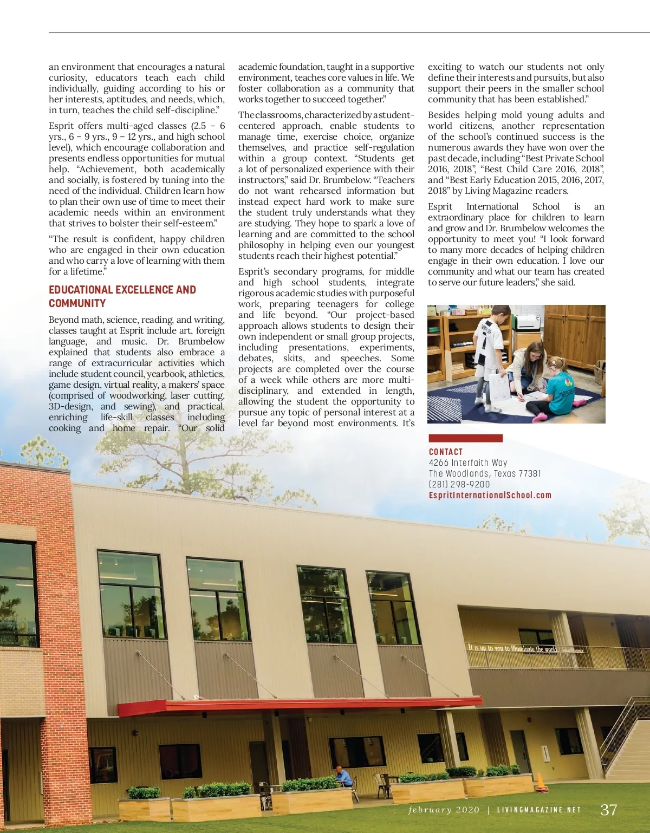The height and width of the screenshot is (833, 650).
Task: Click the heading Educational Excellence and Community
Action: point(122,296)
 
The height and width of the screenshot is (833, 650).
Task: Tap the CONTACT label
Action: point(446,452)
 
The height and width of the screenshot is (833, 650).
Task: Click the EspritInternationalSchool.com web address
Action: point(490,495)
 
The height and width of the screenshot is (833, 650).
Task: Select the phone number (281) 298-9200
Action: point(459,484)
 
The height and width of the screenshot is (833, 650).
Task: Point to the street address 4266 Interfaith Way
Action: point(468,463)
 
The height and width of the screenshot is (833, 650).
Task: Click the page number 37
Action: point(609,810)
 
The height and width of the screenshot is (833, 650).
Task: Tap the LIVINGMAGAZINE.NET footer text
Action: point(539,810)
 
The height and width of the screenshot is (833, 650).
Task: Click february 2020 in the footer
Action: point(444,810)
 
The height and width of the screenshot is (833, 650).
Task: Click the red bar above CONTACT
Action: point(465,438)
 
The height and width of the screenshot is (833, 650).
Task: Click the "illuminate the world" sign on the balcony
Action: point(512,648)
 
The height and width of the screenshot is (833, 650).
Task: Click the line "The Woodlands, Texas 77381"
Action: point(485,473)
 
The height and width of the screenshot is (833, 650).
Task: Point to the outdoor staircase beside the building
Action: point(626,737)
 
